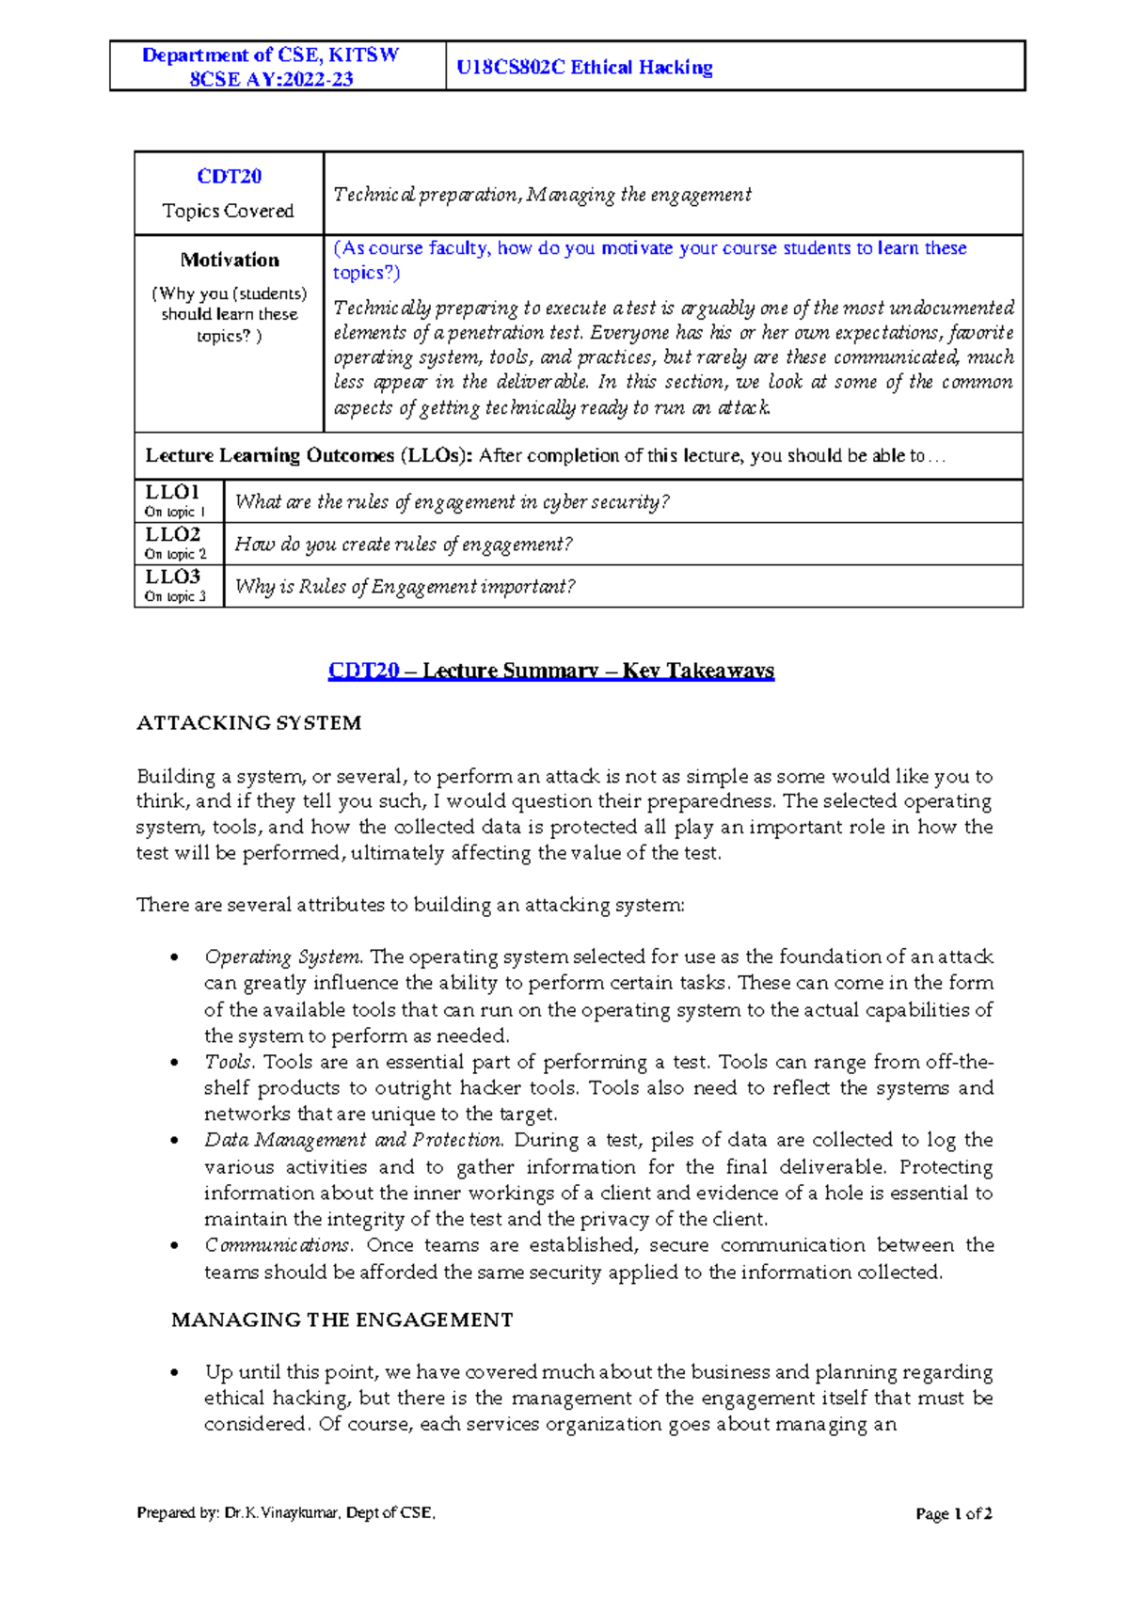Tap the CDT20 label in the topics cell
point(229,177)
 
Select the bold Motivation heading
point(230,260)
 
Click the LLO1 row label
point(172,492)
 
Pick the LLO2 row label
point(172,534)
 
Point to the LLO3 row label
point(172,577)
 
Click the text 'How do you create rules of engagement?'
point(403,545)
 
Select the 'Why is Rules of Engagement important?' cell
point(405,587)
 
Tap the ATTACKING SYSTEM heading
point(248,723)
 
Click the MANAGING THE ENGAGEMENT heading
point(342,1320)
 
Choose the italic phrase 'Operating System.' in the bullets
point(283,957)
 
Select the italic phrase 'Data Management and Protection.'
point(354,1141)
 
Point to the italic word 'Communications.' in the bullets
point(278,1246)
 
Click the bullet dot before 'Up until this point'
point(174,1373)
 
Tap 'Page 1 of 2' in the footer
point(953,1514)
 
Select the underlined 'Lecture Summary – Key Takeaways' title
point(597,671)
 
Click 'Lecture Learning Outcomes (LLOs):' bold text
point(310,456)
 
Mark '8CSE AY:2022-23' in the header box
point(271,79)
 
